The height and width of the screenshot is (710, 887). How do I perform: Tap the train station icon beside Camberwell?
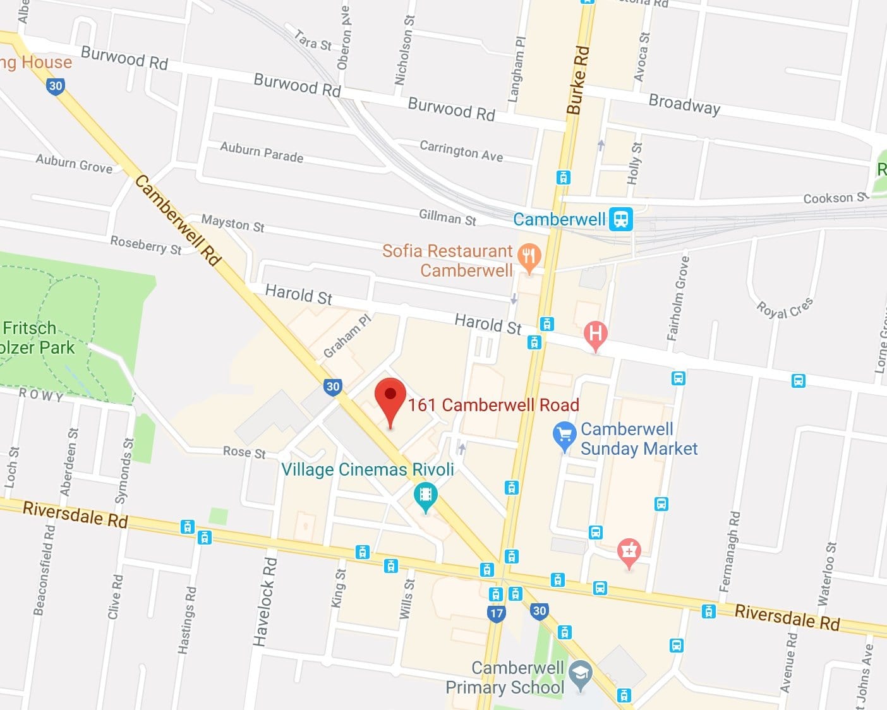(x=620, y=219)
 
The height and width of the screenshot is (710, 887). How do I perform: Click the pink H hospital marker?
(x=595, y=333)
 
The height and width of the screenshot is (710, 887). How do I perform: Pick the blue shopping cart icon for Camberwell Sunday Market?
(x=564, y=435)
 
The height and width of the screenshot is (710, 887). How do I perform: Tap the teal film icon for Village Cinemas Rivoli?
(x=426, y=495)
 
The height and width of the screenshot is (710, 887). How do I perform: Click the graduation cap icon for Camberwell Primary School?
(x=579, y=674)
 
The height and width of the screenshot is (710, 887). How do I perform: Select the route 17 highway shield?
(x=497, y=613)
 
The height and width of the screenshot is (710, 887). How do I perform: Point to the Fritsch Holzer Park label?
(x=38, y=338)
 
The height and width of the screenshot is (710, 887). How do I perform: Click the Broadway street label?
(x=684, y=104)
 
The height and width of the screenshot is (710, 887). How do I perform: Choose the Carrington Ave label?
(x=461, y=151)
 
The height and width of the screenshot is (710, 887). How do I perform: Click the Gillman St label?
(x=447, y=218)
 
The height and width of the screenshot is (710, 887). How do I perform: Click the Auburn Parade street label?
(x=262, y=152)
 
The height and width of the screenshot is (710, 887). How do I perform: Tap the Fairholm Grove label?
(x=679, y=298)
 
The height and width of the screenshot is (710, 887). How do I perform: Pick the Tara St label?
(x=313, y=40)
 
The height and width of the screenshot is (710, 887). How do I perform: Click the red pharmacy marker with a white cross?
(x=629, y=551)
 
